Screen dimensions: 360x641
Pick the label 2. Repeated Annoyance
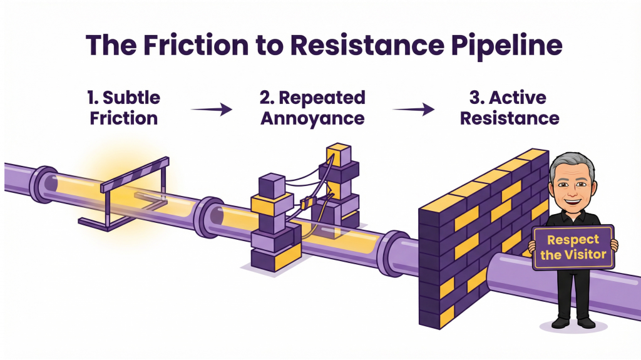pos(312,108)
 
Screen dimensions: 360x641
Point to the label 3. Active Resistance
pos(508,108)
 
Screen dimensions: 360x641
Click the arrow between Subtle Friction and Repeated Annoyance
pos(211,110)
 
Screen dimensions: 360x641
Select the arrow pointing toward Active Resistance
pos(413,110)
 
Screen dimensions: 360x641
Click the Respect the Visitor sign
pos(573,247)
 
